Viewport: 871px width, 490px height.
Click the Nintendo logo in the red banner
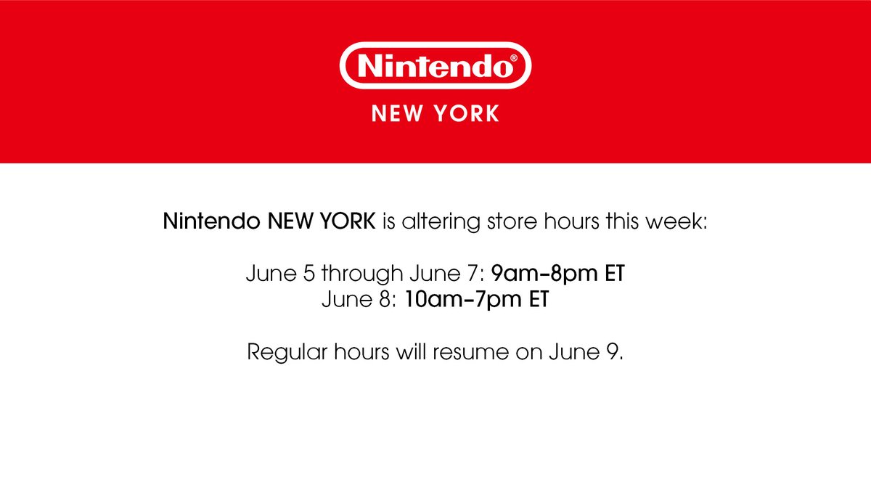pyautogui.click(x=434, y=68)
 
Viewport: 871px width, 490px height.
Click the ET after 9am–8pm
pyautogui.click(x=613, y=274)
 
